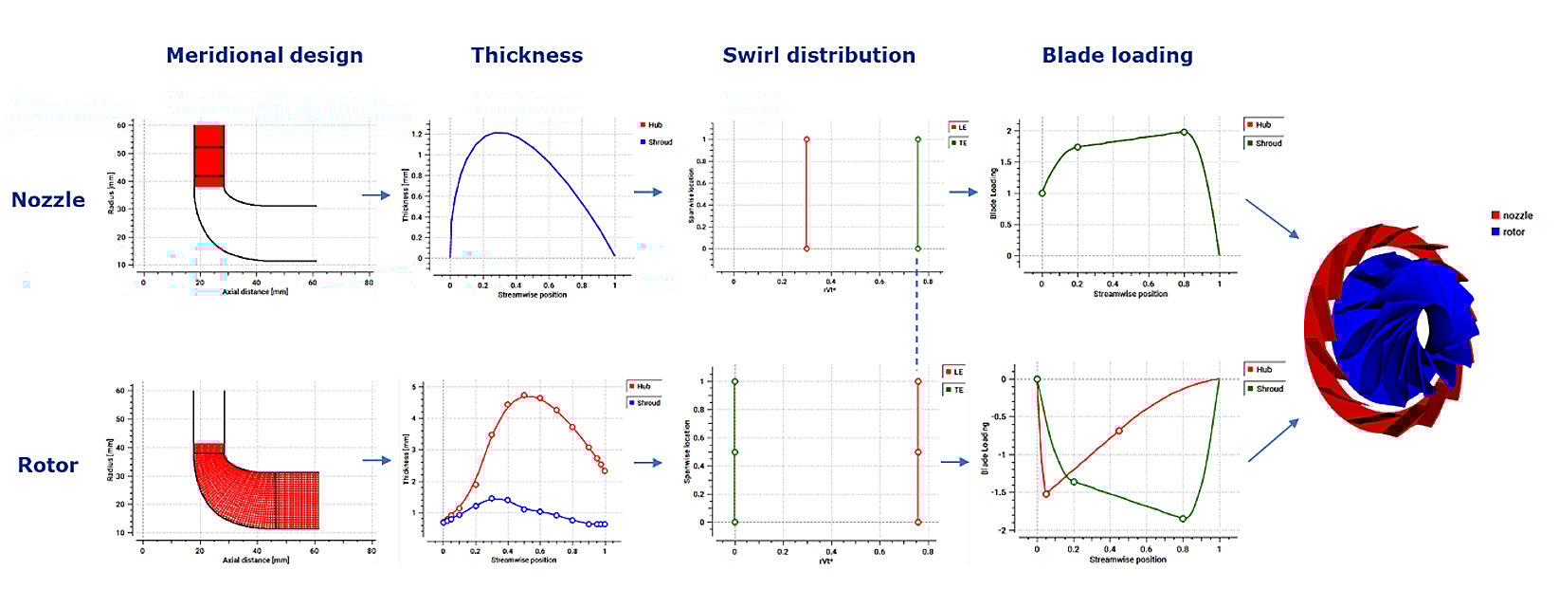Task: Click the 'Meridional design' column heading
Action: click(264, 56)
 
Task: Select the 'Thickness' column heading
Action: click(527, 56)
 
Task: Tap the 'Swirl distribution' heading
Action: click(819, 56)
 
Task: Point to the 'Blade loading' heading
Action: click(1117, 56)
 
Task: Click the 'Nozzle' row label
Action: click(48, 200)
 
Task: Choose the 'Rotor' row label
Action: click(48, 466)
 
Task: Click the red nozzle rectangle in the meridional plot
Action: click(208, 155)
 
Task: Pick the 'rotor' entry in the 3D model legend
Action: click(1513, 231)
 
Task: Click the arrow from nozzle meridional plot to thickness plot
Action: click(376, 195)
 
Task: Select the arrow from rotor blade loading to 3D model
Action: click(1273, 440)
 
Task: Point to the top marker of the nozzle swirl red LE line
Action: click(807, 139)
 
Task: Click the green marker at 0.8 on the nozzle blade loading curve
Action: click(1184, 133)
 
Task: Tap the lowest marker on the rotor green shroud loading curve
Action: click(1183, 519)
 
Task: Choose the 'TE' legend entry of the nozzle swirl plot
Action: click(961, 143)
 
